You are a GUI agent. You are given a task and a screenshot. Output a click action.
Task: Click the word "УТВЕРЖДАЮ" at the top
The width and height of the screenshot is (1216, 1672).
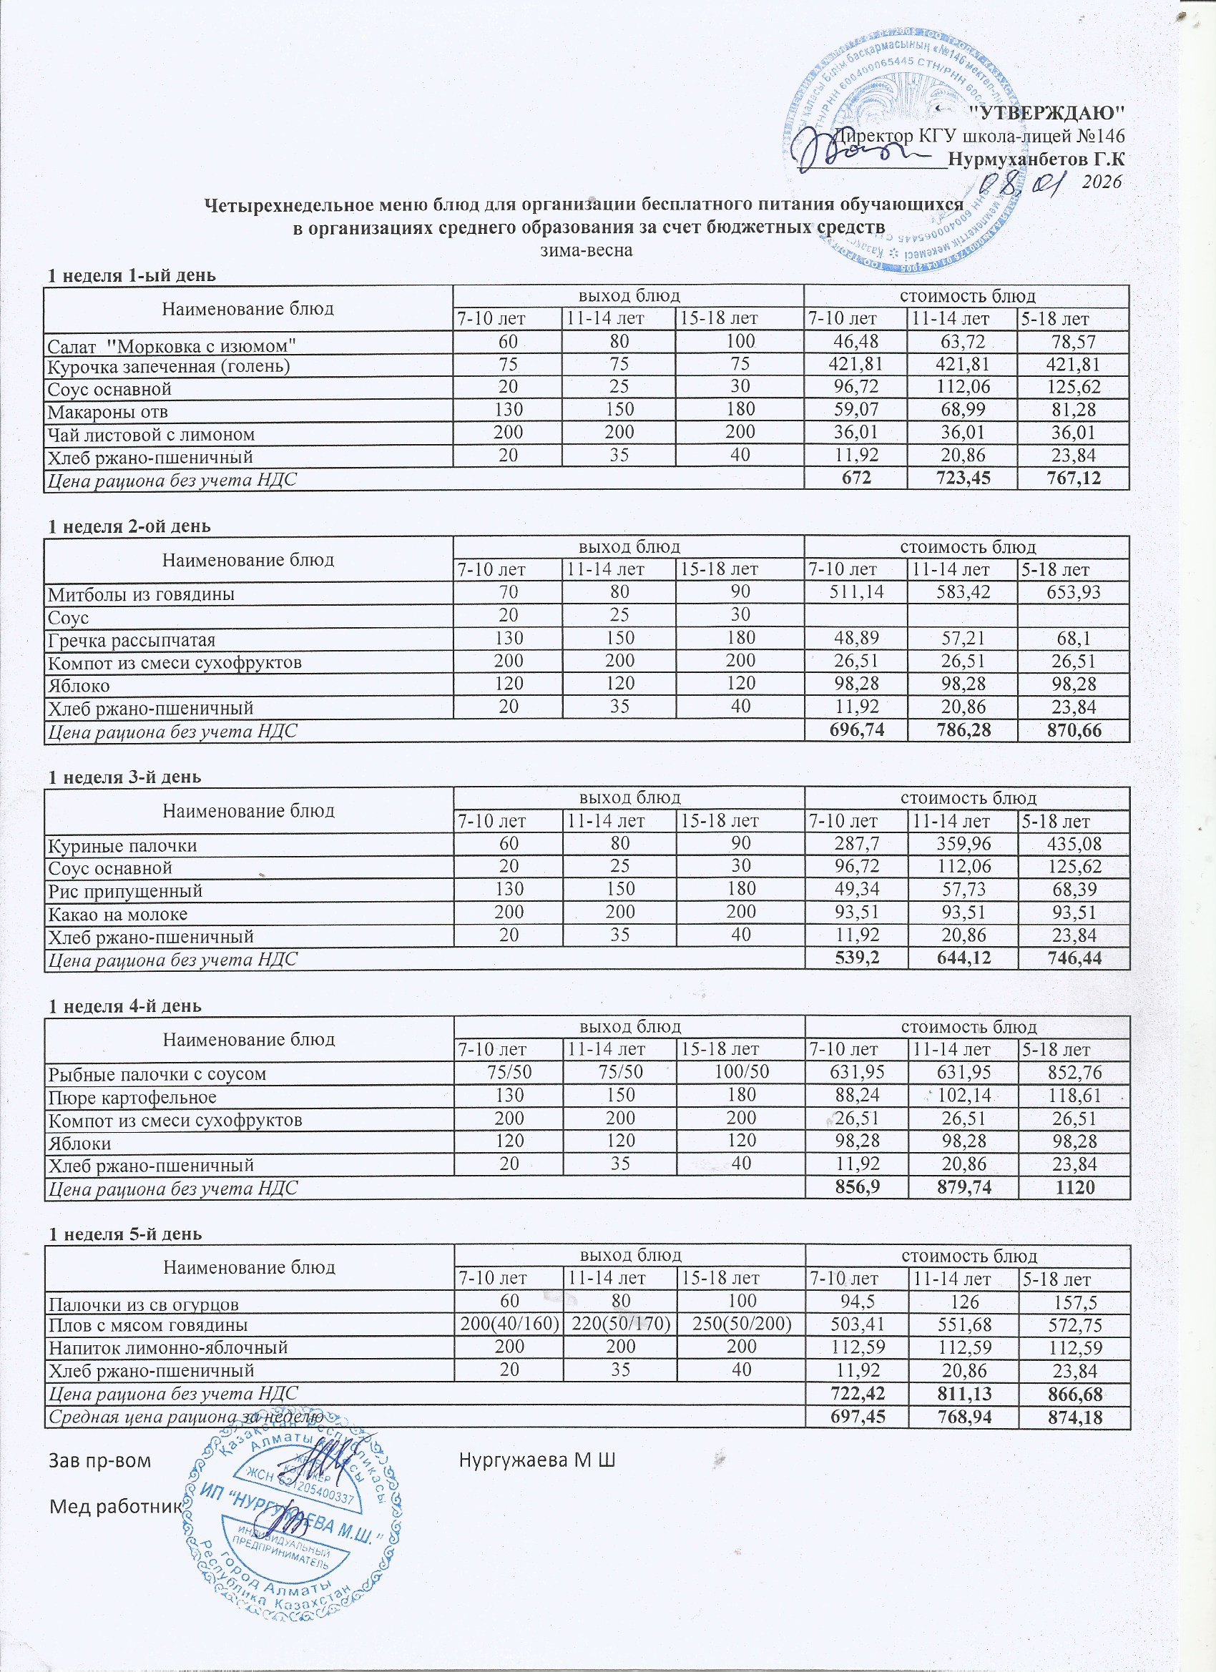click(1045, 112)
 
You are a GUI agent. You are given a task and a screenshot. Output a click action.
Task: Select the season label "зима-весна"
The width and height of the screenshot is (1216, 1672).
click(587, 249)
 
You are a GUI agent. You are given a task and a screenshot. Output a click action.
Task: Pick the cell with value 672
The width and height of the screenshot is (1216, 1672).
click(855, 478)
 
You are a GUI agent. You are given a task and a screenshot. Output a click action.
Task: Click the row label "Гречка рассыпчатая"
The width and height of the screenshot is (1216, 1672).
click(132, 640)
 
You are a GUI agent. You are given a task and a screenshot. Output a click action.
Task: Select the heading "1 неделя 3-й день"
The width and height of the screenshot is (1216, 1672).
click(124, 777)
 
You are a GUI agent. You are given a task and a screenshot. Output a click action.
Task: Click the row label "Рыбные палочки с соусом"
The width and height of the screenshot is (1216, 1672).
click(157, 1074)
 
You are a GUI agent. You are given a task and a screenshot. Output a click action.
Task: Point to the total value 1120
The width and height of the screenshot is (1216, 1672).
click(1074, 1188)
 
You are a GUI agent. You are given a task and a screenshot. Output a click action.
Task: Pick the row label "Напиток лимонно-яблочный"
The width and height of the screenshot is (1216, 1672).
click(167, 1347)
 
